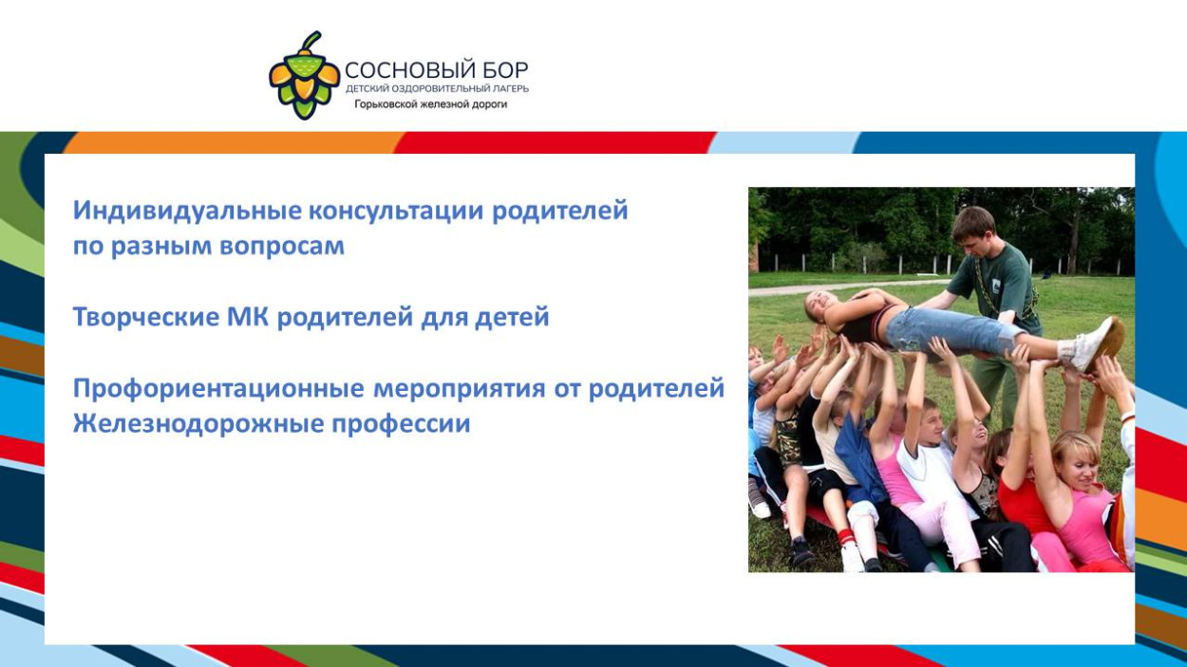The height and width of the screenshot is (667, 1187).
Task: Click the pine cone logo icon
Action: point(303,76)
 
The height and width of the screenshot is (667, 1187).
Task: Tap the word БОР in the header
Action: point(505,71)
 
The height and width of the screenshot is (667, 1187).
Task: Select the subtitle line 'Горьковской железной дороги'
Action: point(431,104)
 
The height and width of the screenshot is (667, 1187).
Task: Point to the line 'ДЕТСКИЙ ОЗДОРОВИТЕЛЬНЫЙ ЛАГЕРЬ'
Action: point(437,88)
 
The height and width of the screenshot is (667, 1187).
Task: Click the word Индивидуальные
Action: point(180,211)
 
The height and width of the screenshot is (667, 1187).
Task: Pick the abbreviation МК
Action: point(248,317)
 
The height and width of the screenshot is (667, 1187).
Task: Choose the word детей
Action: point(514,317)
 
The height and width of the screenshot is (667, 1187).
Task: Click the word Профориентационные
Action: point(218,388)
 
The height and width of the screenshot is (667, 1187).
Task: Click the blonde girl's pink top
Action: point(1085,525)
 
